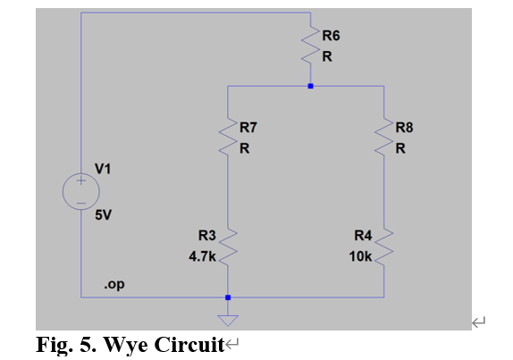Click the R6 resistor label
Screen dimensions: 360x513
pos(331,37)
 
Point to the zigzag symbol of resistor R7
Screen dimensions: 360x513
pos(229,139)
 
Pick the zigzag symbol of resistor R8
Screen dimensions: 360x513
pos(384,139)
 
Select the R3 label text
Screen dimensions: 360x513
pos(207,236)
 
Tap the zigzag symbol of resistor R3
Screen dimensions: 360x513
pos(229,245)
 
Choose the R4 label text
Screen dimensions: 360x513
pos(363,236)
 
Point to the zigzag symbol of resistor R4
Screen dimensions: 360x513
pos(384,245)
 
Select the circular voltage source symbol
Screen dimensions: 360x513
pos(80,191)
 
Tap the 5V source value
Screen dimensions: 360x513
pos(104,215)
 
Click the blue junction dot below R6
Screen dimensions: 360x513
pos(310,87)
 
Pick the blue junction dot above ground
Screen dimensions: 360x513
pos(229,297)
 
